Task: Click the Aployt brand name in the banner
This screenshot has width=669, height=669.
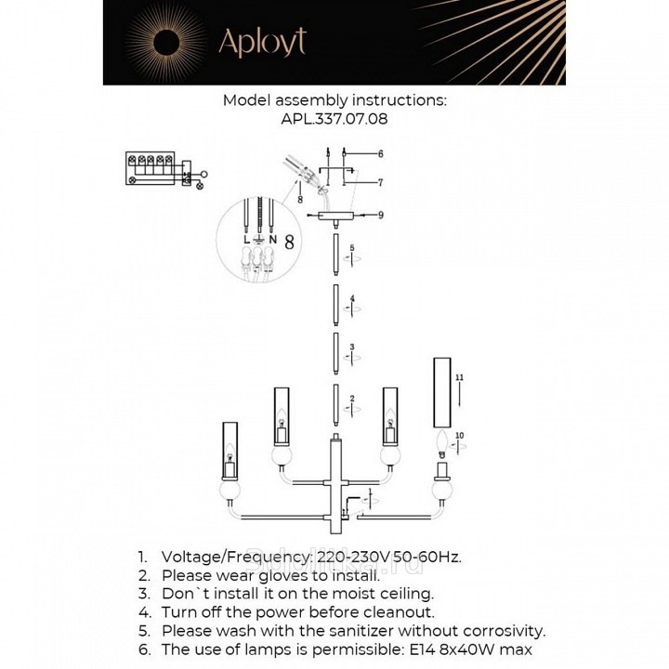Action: pyautogui.click(x=261, y=42)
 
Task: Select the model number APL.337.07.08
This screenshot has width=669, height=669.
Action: pyautogui.click(x=334, y=119)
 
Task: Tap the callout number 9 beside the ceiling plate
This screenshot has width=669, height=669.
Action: pyautogui.click(x=381, y=215)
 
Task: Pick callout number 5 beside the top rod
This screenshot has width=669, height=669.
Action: pyautogui.click(x=352, y=249)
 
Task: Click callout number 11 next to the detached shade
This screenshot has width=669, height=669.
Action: pyautogui.click(x=459, y=378)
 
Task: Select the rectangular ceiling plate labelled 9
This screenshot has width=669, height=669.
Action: pyautogui.click(x=335, y=216)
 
